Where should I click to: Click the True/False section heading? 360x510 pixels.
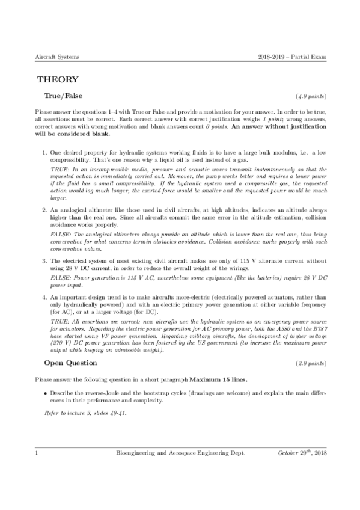(x=63, y=96)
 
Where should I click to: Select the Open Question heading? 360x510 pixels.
(x=70, y=363)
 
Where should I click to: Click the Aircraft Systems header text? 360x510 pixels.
(x=58, y=57)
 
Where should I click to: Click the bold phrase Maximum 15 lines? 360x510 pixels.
(x=218, y=380)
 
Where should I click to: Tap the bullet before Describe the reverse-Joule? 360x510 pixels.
(x=46, y=393)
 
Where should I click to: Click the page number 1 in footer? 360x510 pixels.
(x=37, y=467)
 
